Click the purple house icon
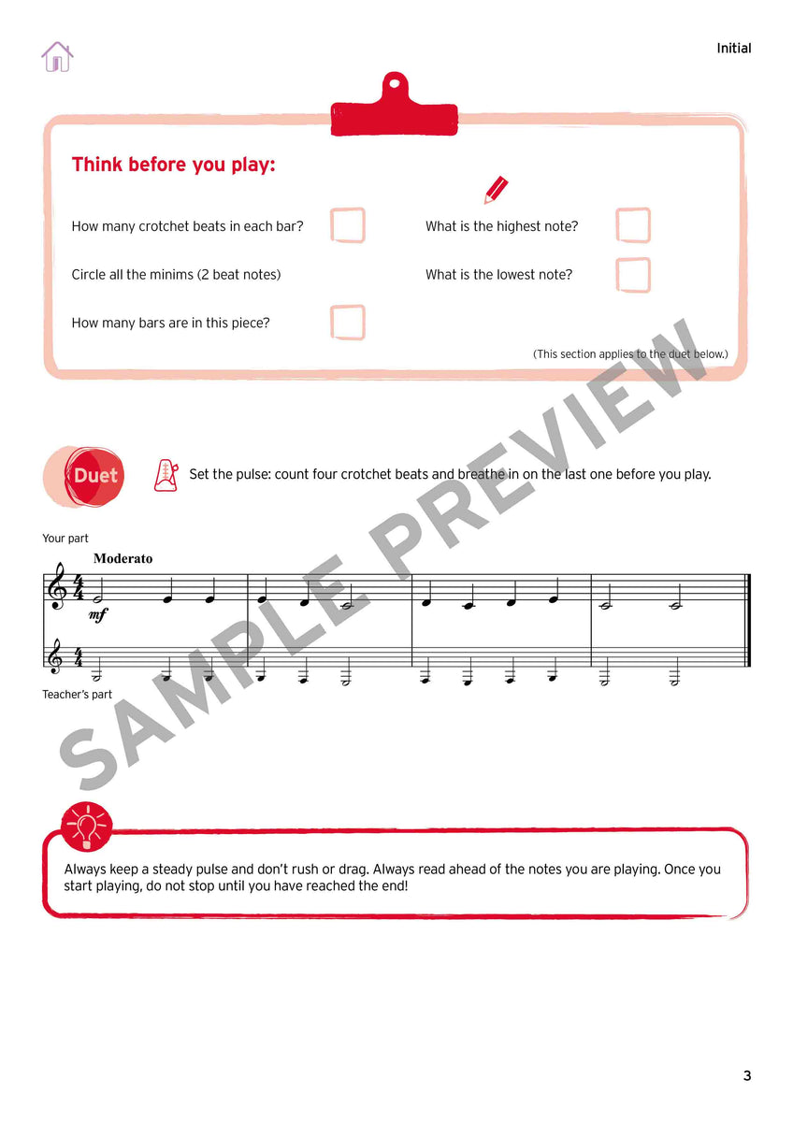[57, 56]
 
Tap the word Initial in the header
[733, 49]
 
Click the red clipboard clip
[394, 105]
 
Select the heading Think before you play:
[173, 165]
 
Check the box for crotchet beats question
[348, 225]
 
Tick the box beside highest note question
[633, 225]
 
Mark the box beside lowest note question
[633, 275]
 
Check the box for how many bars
[348, 323]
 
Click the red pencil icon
[496, 190]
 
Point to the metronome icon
[166, 475]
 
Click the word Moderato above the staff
[123, 559]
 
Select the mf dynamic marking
[97, 615]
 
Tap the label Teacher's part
[78, 695]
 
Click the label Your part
[65, 539]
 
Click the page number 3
[746, 1075]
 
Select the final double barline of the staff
[748, 620]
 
